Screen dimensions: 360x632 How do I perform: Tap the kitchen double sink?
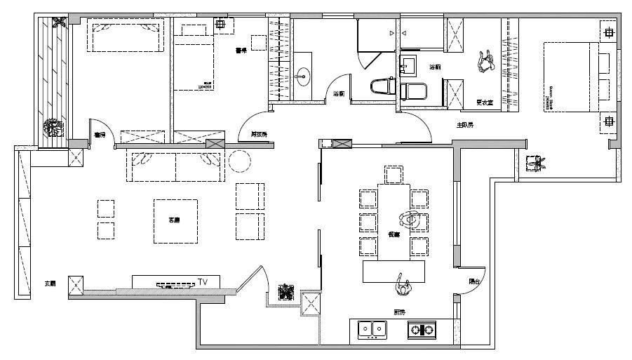372,328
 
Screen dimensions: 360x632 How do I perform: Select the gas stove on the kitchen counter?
421,328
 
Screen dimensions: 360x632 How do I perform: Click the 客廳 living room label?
175,220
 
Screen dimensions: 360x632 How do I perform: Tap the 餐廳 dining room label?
394,234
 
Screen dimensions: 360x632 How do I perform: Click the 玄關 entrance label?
50,284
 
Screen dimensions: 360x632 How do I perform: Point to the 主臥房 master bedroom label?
465,125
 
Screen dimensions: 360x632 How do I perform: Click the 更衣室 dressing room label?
484,102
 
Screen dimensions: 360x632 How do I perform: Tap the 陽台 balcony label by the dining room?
475,281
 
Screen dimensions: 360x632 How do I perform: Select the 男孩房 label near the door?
259,134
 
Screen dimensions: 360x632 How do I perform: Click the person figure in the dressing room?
485,62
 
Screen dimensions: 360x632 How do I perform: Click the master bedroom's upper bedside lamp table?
608,32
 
